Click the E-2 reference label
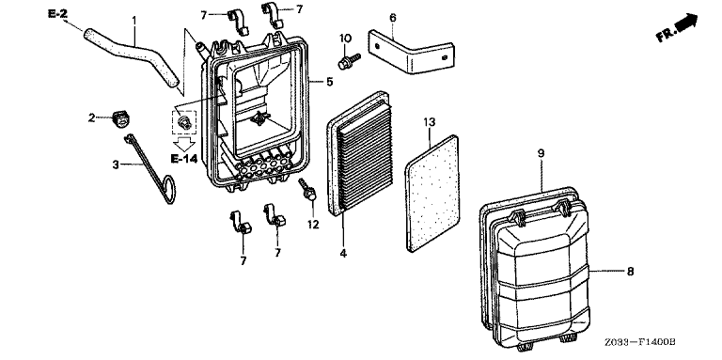pos(57,14)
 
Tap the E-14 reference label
pos(183,159)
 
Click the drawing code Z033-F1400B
pos(640,342)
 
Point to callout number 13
pos(429,122)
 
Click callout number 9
pos(541,153)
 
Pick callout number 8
pos(630,271)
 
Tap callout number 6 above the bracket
pos(392,18)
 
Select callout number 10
pos(346,38)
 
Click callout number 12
pos(313,225)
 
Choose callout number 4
pos(343,253)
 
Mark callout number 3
pos(116,164)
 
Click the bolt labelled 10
pos(349,62)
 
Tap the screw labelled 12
pos(307,189)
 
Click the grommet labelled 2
pos(121,117)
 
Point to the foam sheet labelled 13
pos(432,194)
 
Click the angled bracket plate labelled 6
pos(410,51)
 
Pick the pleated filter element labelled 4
pos(360,152)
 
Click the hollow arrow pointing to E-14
pos(185,143)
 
